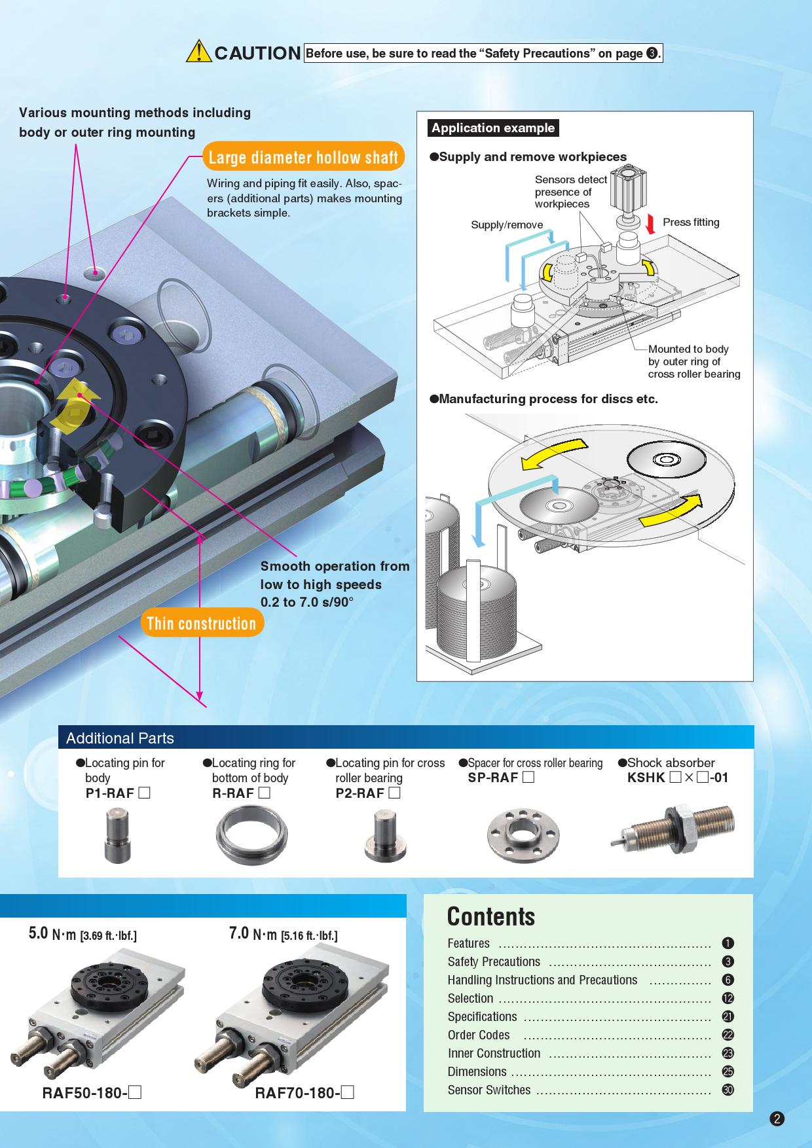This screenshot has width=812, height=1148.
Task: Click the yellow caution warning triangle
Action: (x=198, y=52)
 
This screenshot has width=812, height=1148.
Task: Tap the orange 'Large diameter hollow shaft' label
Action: (x=303, y=158)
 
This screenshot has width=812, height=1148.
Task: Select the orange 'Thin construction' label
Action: (x=201, y=623)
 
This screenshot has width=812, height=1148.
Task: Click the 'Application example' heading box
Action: (x=493, y=128)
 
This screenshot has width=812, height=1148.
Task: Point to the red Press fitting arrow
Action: (x=650, y=223)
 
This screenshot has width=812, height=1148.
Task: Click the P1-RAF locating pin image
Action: (x=117, y=836)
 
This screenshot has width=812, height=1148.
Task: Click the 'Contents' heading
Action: (x=490, y=916)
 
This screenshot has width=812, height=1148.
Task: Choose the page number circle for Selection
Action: (x=728, y=998)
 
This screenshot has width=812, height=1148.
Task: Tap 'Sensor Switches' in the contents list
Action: (x=489, y=1090)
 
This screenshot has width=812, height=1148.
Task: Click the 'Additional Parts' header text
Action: (x=120, y=738)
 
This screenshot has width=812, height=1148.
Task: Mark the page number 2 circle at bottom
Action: (x=777, y=1119)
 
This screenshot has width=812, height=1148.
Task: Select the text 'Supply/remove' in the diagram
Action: (x=507, y=225)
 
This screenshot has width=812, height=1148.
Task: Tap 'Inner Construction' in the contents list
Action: (x=494, y=1053)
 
